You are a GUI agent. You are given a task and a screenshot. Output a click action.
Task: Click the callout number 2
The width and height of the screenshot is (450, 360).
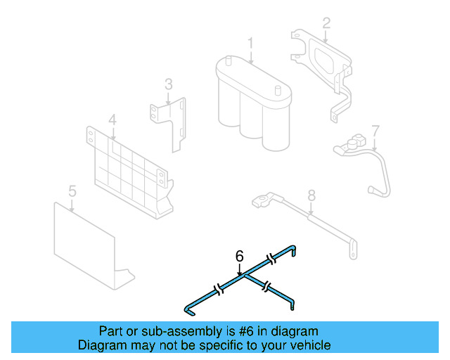point(326,23)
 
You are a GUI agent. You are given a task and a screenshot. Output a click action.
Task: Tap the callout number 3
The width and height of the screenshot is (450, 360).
point(169,84)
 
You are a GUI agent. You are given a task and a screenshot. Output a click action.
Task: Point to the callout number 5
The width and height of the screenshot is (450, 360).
point(72,191)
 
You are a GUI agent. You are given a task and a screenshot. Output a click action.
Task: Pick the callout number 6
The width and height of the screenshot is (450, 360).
point(239,255)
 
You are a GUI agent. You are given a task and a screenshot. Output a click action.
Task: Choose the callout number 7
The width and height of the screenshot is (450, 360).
point(375,130)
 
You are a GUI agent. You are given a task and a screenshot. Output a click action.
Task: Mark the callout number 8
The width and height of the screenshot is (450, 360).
point(312,195)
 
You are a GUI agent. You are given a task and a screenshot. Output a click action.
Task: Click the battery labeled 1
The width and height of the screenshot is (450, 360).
point(252,102)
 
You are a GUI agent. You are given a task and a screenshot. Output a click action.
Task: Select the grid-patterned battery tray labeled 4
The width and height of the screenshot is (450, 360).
point(130,169)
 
